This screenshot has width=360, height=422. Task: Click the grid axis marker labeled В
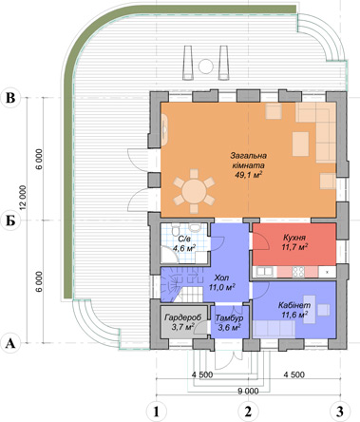[10, 98]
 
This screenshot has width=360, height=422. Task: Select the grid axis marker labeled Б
[10, 221]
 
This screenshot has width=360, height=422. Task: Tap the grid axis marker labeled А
[10, 343]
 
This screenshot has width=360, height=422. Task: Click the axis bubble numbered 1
[156, 412]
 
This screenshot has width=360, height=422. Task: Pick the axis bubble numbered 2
[248, 412]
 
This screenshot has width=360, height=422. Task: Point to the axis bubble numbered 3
[340, 412]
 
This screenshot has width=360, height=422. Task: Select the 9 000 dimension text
[248, 392]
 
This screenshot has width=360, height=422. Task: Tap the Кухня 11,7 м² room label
[294, 242]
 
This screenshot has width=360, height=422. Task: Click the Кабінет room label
[294, 306]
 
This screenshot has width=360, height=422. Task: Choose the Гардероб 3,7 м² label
[183, 322]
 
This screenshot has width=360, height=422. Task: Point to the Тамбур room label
[229, 318]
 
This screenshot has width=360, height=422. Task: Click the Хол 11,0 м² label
[221, 282]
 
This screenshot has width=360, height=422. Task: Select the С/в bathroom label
[184, 240]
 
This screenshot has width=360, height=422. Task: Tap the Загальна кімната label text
[248, 161]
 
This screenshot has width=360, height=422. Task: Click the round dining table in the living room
[194, 191]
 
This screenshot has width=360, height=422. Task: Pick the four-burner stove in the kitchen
[298, 272]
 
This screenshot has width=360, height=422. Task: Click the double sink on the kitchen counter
[265, 272]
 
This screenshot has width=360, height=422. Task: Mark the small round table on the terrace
[206, 67]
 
